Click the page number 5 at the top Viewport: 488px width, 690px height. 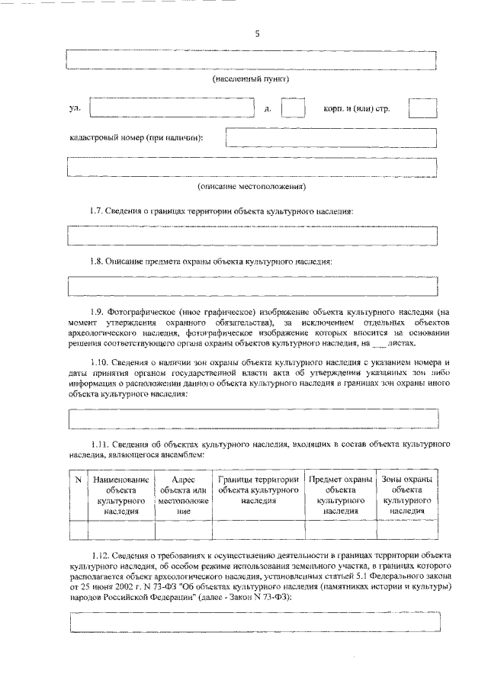click(x=257, y=34)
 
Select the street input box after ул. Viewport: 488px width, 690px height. click(x=172, y=108)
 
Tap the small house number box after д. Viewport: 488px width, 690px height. click(x=293, y=108)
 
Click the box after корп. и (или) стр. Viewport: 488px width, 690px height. click(x=422, y=108)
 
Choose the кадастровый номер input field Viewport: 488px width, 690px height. click(x=331, y=138)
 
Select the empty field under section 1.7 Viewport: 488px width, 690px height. click(x=252, y=236)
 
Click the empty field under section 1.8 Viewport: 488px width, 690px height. click(x=252, y=286)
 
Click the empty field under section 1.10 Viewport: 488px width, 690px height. click(x=252, y=418)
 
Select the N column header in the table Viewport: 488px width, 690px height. click(x=79, y=480)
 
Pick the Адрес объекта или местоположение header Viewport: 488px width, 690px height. click(x=183, y=496)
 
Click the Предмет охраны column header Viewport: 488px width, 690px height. click(x=340, y=496)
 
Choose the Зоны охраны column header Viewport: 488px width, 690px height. click(x=406, y=496)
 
